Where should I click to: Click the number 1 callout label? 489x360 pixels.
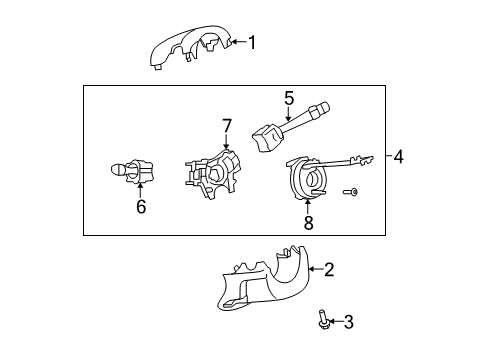(253, 42)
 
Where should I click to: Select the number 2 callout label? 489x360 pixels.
(328, 269)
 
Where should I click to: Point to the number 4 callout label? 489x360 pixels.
(398, 156)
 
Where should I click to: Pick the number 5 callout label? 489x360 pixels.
(288, 98)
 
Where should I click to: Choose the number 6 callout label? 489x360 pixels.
(141, 207)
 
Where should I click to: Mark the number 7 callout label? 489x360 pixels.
(227, 126)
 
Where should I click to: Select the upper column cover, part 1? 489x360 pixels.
(190, 50)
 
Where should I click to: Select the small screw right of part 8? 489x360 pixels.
(351, 191)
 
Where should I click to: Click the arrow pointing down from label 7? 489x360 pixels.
(227, 143)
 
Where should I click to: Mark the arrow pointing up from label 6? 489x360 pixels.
(141, 188)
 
